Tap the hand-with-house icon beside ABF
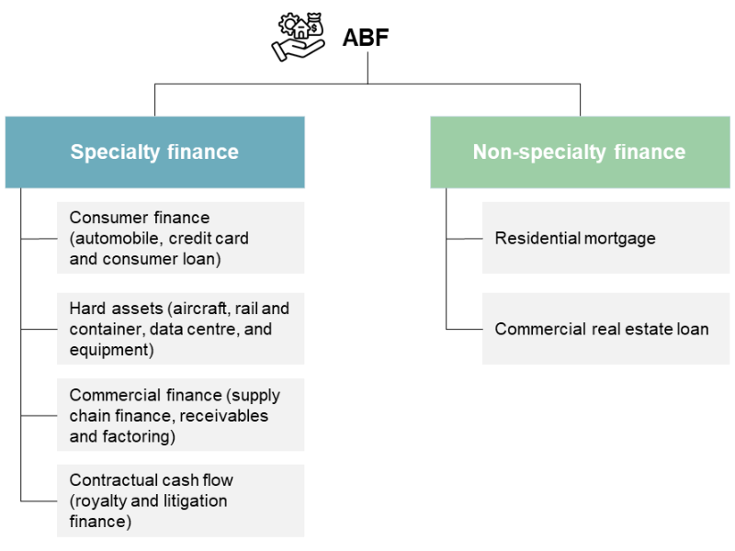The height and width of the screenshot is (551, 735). (x=300, y=37)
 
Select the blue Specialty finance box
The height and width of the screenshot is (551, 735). (x=154, y=152)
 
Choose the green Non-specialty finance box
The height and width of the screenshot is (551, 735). (x=579, y=152)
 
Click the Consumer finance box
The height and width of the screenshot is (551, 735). (x=180, y=238)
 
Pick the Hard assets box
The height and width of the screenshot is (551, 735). (x=180, y=329)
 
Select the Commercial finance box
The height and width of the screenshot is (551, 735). (x=180, y=415)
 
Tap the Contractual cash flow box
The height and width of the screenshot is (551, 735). (x=180, y=500)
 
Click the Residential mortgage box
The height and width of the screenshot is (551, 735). (x=605, y=238)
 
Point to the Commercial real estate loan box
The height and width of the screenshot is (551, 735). (x=605, y=329)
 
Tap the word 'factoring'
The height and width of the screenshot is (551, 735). (x=139, y=436)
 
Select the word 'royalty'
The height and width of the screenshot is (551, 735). (x=104, y=500)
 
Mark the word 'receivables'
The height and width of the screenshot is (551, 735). (x=223, y=415)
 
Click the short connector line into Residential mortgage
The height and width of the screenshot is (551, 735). (x=464, y=238)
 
